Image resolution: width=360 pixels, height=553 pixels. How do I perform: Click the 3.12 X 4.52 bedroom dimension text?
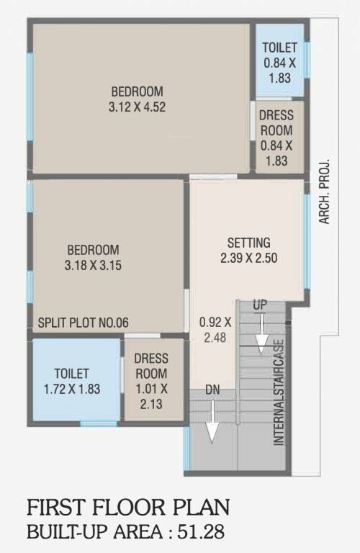137,106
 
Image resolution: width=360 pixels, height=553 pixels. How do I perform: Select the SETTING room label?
248,242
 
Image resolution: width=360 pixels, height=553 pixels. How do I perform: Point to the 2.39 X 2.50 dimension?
248,257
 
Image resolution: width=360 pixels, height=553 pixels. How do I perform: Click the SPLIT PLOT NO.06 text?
84,323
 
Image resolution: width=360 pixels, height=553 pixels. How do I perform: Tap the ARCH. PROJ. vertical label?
325,191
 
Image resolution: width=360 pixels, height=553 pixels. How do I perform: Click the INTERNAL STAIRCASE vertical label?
279,392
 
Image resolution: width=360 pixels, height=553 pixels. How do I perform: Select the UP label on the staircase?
260,306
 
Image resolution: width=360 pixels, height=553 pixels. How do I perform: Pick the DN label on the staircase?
212,390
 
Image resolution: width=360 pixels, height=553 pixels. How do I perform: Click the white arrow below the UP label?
261,332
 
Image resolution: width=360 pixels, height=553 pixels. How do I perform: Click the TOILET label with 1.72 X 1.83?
71,382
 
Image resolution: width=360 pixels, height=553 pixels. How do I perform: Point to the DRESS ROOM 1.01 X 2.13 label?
151,381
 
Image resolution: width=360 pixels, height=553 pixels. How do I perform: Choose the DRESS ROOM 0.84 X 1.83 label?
276,138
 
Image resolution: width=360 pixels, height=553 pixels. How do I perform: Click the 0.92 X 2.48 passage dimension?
215,330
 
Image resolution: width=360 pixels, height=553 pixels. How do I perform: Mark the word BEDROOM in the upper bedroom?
137,91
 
